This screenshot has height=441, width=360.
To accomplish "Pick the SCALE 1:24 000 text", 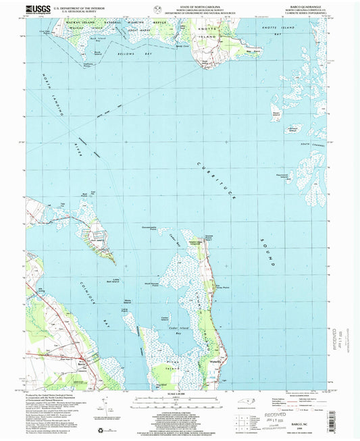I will click(x=180, y=394).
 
